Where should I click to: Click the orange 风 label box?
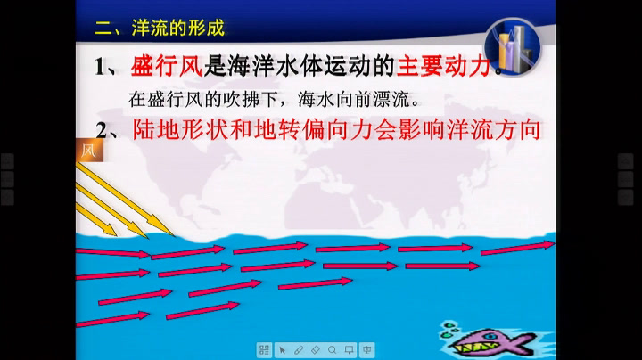pyautogui.click(x=89, y=150)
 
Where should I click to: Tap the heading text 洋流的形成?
pyautogui.click(x=178, y=28)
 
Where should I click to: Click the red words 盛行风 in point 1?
pyautogui.click(x=167, y=65)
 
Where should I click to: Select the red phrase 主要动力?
pyautogui.click(x=444, y=65)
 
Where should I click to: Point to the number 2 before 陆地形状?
pyautogui.click(x=102, y=130)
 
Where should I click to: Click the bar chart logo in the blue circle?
pyautogui.click(x=512, y=46)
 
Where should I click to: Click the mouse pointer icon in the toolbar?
pyautogui.click(x=282, y=350)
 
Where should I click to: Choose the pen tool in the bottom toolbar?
pyautogui.click(x=299, y=350)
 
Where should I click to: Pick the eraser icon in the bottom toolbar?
pyautogui.click(x=316, y=350)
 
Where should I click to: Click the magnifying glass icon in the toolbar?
pyautogui.click(x=332, y=350)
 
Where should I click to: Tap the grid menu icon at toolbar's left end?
pyautogui.click(x=265, y=350)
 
